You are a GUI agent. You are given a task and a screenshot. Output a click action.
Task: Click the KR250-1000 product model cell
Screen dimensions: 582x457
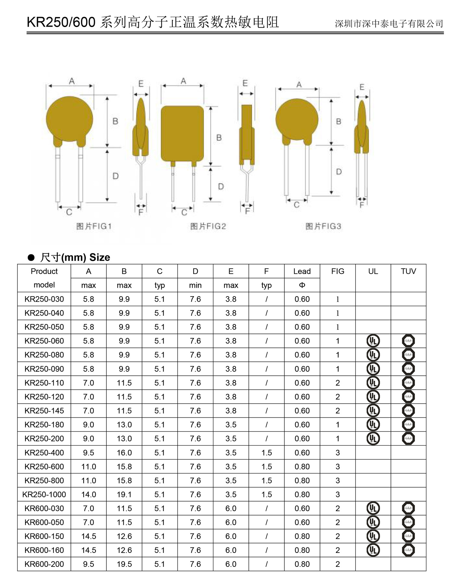[44, 494]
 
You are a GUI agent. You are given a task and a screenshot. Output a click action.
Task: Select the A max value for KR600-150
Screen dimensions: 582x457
[88, 536]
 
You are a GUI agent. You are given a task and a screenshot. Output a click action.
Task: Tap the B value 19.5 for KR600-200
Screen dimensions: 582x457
[124, 564]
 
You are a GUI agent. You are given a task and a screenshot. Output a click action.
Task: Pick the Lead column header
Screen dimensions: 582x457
[302, 271]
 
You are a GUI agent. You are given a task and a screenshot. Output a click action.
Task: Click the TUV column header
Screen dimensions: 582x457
[408, 271]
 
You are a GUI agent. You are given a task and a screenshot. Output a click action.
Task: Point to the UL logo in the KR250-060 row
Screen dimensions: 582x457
[373, 341]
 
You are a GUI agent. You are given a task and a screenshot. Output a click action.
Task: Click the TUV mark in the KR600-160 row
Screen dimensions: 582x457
[408, 550]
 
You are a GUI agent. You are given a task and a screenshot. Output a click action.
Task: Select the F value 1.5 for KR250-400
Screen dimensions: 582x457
[266, 453]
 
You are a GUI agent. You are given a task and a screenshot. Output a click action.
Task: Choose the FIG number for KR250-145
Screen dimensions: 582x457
[338, 411]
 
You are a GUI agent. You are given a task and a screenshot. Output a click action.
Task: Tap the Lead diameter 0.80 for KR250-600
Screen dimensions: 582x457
[302, 467]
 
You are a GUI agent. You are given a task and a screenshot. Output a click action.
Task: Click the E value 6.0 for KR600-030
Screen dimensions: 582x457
[231, 508]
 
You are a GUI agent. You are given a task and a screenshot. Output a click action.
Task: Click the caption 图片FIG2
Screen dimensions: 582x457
[208, 226]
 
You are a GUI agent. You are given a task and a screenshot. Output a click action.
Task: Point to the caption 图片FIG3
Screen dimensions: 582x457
[323, 226]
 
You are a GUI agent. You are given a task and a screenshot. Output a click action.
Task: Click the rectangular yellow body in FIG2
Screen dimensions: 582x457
[182, 133]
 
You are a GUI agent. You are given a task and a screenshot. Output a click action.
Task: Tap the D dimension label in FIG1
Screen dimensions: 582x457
[115, 176]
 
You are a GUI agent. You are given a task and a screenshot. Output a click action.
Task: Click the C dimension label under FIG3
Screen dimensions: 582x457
[297, 205]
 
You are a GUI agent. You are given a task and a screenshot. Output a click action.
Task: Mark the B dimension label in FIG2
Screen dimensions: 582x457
[219, 138]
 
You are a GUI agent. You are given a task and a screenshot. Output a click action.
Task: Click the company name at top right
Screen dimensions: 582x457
[389, 24]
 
